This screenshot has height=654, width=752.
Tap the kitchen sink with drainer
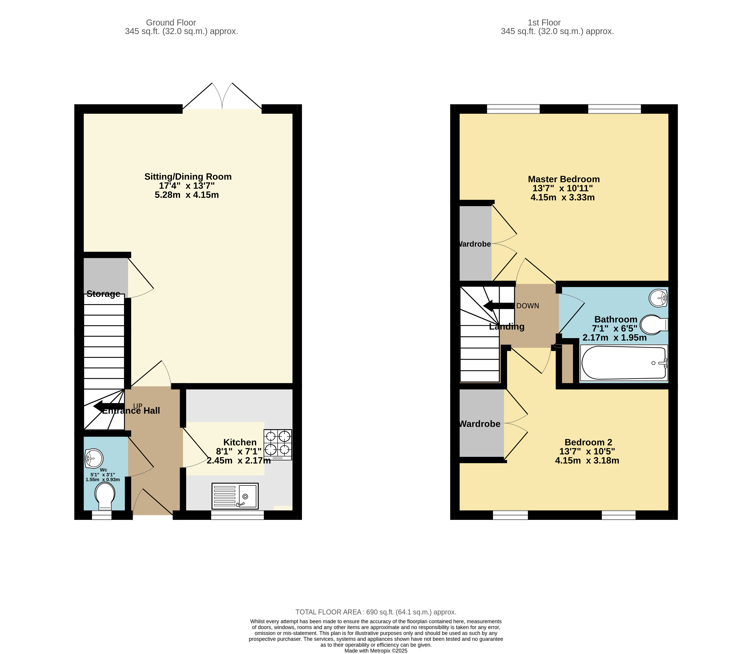pos(235,496)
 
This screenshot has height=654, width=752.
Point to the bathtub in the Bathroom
pos(624,363)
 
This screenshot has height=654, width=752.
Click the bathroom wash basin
pos(658,298)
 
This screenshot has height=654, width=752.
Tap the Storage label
pos(103,294)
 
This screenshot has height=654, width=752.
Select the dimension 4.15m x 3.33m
pos(562,197)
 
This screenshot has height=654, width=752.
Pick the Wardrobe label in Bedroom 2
pos(479,424)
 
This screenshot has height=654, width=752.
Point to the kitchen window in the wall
pos(237,515)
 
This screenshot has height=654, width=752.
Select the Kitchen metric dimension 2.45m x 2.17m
pos(238,460)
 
